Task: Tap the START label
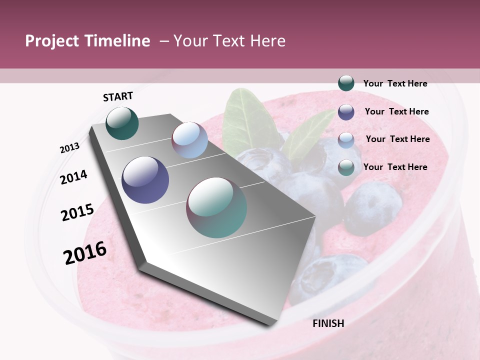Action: tap(118, 96)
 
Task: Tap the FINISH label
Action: tap(328, 323)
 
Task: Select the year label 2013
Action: tap(69, 148)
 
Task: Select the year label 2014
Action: tap(74, 177)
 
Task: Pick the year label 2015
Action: tap(77, 212)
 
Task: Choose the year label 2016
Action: tap(85, 252)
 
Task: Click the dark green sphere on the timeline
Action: tap(122, 123)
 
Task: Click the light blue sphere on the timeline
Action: tap(189, 140)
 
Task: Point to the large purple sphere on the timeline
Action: tap(145, 180)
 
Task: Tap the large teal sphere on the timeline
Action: tap(216, 207)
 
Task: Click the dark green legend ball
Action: tap(346, 83)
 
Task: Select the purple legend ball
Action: tap(346, 111)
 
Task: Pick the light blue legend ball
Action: tap(346, 139)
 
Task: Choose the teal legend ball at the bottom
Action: tap(346, 167)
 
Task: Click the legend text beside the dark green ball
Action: tap(395, 83)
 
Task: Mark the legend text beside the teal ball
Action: tap(395, 167)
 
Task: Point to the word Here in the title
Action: tap(267, 41)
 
